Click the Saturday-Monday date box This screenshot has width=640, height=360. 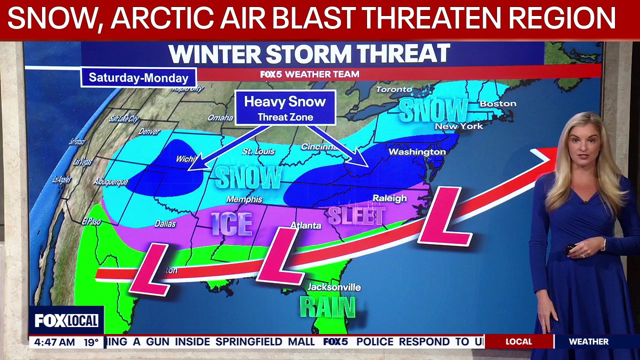[138, 77]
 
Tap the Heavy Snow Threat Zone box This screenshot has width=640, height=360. [285, 108]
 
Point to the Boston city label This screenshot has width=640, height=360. [497, 104]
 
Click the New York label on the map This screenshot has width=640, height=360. [459, 126]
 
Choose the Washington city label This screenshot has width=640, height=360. [417, 151]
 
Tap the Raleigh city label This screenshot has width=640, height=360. [389, 198]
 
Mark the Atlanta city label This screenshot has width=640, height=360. [305, 225]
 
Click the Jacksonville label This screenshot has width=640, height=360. [334, 287]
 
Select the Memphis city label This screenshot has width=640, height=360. [244, 199]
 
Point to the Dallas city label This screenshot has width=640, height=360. [165, 224]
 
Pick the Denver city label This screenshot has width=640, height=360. [149, 132]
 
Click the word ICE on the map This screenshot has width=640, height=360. [231, 223]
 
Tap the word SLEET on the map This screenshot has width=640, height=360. [356, 216]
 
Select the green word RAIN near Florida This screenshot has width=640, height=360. [327, 306]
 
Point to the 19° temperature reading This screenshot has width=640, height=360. [91, 342]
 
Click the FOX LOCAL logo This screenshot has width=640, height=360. [66, 321]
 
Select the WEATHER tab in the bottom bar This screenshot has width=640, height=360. [588, 342]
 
